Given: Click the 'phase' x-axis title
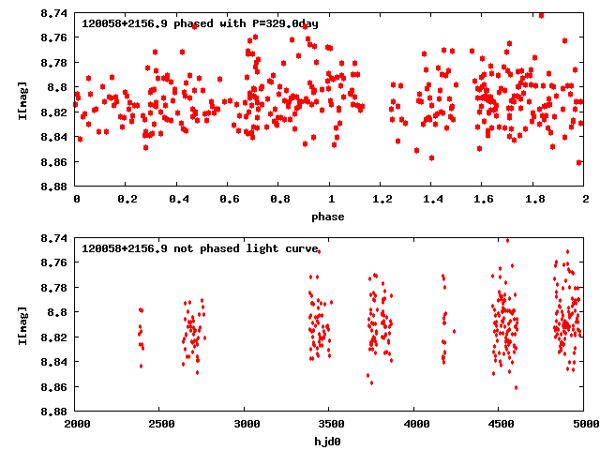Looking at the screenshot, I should [330, 217].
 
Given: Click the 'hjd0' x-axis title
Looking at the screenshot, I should [330, 442].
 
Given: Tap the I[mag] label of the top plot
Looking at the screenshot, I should [22, 99].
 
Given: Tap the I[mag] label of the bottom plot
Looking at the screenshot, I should [22, 324].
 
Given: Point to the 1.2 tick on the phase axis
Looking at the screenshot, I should [382, 200].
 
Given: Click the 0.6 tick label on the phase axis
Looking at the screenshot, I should [229, 200].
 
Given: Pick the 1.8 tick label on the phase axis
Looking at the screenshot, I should [534, 200].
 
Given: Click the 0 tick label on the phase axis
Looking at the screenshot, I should [76, 200].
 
